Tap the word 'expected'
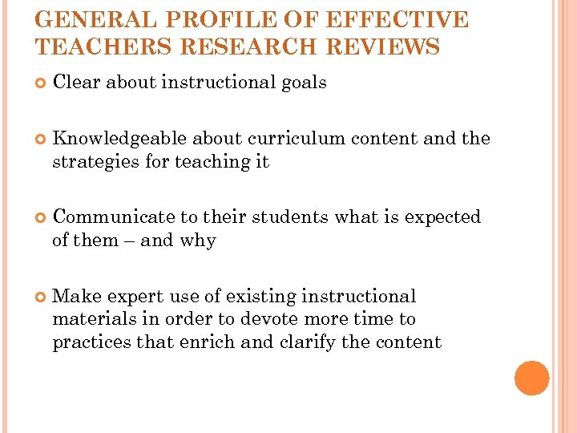442,217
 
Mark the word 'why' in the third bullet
199,241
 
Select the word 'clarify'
308,342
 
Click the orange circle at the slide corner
531,378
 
